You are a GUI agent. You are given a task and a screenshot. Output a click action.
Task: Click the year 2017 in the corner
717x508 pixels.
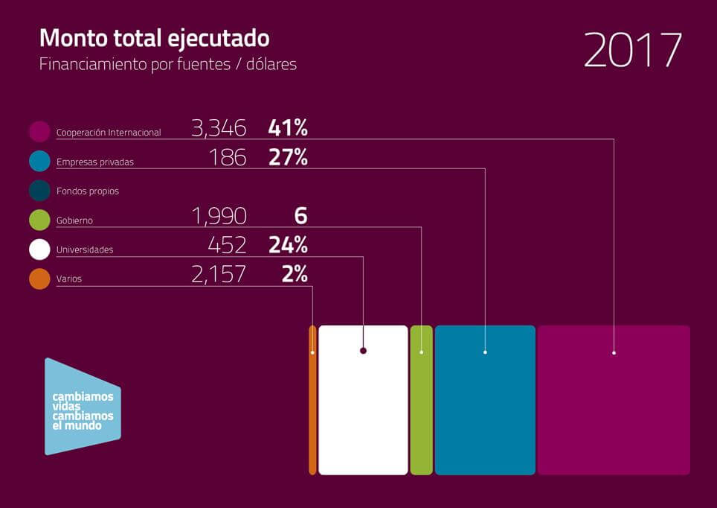pyautogui.click(x=632, y=51)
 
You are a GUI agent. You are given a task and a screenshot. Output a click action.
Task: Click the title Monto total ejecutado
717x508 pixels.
pyautogui.click(x=154, y=38)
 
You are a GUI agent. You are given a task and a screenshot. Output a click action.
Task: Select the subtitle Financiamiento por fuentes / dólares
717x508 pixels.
pyautogui.click(x=168, y=64)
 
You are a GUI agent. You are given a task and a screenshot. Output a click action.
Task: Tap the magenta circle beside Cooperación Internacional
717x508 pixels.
pyautogui.click(x=39, y=132)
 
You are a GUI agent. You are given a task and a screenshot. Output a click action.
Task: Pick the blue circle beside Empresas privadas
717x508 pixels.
pyautogui.click(x=39, y=161)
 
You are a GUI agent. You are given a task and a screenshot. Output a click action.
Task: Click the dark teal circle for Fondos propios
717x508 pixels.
pyautogui.click(x=39, y=191)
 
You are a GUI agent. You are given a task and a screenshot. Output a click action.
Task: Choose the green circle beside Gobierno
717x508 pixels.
pyautogui.click(x=39, y=220)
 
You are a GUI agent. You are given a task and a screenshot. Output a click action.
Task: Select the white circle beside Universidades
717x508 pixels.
pyautogui.click(x=39, y=250)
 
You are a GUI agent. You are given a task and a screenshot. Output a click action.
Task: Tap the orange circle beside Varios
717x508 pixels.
pyautogui.click(x=39, y=279)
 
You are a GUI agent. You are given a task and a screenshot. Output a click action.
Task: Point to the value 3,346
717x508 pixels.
pyautogui.click(x=219, y=128)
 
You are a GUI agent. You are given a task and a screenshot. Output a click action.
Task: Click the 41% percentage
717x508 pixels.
pyautogui.click(x=288, y=128)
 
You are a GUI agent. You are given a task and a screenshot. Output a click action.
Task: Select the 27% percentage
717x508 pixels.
pyautogui.click(x=288, y=158)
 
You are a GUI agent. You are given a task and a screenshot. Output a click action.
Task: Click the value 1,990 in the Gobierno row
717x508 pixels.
pyautogui.click(x=219, y=217)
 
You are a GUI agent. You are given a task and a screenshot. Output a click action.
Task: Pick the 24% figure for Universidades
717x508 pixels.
pyautogui.click(x=288, y=246)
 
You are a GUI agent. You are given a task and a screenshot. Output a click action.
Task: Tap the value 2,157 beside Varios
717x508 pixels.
pyautogui.click(x=219, y=275)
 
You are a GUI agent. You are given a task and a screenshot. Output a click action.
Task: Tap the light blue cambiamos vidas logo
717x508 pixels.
pyautogui.click(x=83, y=407)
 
